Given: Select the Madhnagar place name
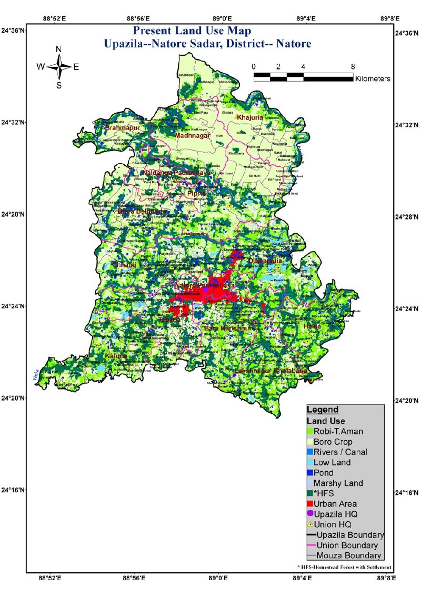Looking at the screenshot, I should (193, 136).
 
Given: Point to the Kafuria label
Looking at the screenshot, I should (116, 356).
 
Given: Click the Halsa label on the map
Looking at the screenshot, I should (312, 327).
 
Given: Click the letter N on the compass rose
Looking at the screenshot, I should (59, 49).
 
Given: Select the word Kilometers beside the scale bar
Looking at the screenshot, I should (373, 78).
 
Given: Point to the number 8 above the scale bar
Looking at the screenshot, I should (353, 67).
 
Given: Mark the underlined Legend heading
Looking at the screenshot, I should (323, 410).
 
